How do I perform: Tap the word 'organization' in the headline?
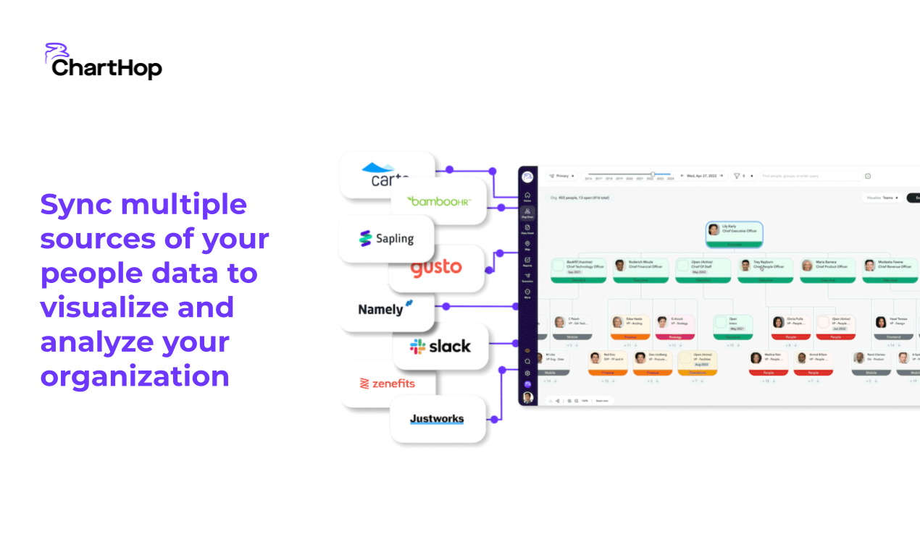coord(135,376)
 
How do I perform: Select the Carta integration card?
coord(386,176)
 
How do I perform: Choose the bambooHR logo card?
coord(438,200)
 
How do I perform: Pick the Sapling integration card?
coord(386,238)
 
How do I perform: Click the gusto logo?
coord(436,268)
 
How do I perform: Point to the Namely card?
coord(386,308)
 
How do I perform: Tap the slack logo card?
coord(440,347)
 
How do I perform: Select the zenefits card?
coord(388,384)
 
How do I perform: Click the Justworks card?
coord(437,418)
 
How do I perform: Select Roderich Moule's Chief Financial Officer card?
coord(640,268)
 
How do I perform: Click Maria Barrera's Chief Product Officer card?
coord(827,268)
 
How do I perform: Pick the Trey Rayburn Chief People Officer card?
coord(765,268)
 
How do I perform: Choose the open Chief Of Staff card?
coord(703,268)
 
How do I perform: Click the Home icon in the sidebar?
coord(527,196)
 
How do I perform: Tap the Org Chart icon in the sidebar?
coord(527,213)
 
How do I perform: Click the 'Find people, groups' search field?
coord(808,176)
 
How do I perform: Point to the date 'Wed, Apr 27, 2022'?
coord(703,176)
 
